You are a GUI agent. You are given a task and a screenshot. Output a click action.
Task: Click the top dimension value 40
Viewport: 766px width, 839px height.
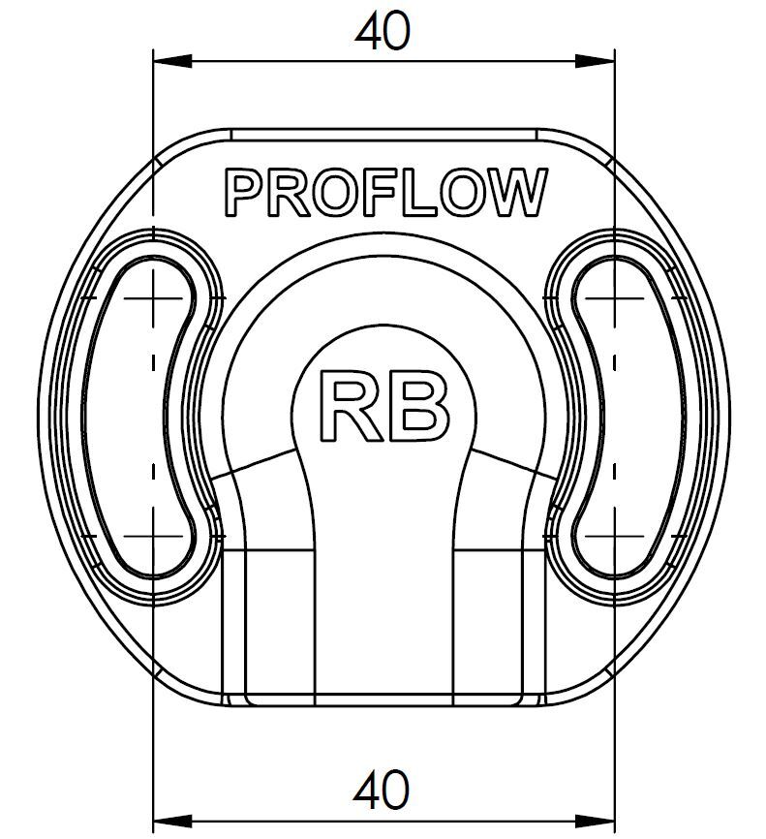pyautogui.click(x=383, y=33)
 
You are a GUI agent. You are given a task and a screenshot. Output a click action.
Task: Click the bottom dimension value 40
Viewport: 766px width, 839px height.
pyautogui.click(x=383, y=791)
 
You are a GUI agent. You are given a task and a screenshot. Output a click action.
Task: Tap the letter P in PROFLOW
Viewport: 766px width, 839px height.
pyautogui.click(x=242, y=193)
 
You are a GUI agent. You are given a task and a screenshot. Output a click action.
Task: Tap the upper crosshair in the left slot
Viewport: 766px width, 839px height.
pyautogui.click(x=153, y=297)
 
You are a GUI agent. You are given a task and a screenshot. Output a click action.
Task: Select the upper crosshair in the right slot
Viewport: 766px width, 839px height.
pyautogui.click(x=616, y=297)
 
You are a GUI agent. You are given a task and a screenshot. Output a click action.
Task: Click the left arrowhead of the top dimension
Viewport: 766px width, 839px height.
pyautogui.click(x=166, y=60)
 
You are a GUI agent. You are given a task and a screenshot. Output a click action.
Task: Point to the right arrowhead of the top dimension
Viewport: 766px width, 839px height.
pyautogui.click(x=603, y=60)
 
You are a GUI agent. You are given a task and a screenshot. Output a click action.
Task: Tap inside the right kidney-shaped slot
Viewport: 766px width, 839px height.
pyautogui.click(x=629, y=417)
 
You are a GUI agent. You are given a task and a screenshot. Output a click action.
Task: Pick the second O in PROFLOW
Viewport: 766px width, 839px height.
pyautogui.click(x=456, y=193)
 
